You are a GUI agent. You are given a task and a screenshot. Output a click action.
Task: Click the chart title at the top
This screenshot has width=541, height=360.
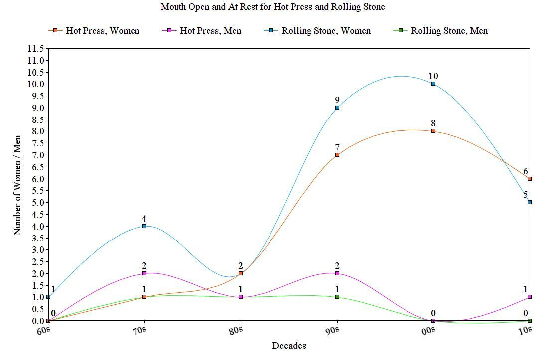(x=272, y=7)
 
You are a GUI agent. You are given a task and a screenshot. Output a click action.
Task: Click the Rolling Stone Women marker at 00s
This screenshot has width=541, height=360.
(x=433, y=84)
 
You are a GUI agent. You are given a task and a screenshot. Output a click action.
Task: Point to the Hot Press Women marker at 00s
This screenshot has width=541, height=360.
(x=433, y=131)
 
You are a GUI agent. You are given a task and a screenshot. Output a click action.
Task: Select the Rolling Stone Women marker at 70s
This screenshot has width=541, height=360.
(x=144, y=226)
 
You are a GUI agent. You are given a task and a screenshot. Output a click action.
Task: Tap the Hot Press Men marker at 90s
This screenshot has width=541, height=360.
(x=337, y=273)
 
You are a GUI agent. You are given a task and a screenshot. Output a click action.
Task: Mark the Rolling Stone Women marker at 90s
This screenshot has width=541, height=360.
(x=337, y=108)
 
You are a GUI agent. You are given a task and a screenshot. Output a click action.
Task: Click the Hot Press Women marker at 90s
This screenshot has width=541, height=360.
(x=337, y=155)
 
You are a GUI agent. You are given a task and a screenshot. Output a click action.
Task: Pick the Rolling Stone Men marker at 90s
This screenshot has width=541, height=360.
(x=337, y=297)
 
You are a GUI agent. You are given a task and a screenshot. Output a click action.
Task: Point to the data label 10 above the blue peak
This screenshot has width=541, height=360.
(x=433, y=76)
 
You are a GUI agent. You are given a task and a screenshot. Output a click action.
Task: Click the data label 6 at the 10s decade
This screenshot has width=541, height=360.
(x=525, y=172)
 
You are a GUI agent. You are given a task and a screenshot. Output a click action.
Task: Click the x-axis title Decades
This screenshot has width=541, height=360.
(x=289, y=346)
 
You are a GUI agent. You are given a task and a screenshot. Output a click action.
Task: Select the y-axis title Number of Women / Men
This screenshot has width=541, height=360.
(x=17, y=185)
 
